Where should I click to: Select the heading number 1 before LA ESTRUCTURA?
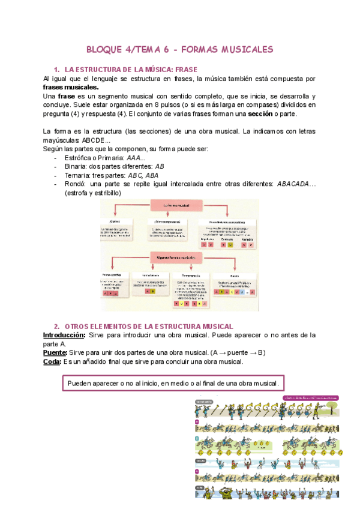[56, 70]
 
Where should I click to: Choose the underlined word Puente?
[55, 352]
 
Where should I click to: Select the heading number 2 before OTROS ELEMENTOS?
[56, 326]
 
